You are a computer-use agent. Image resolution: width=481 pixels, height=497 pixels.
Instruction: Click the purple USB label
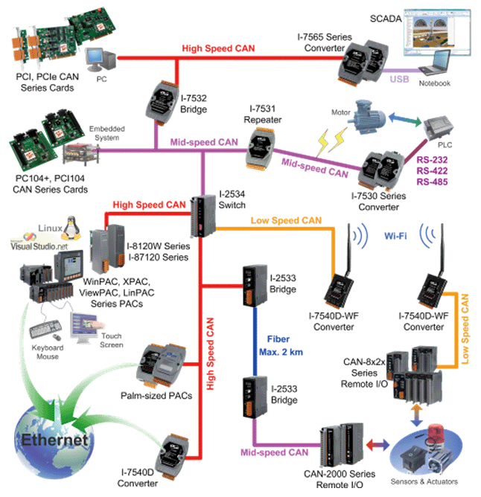coord(400,78)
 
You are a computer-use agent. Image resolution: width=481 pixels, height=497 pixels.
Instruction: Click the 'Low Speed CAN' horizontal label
coord(287,221)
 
